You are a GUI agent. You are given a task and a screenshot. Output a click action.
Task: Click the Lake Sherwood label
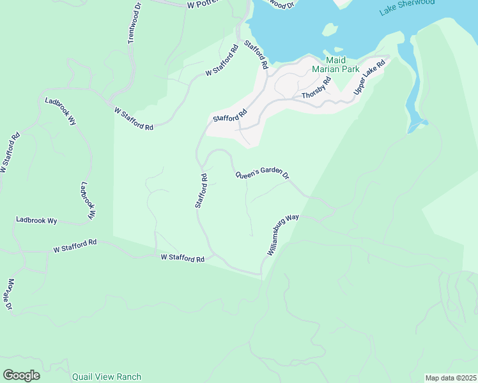pos(406,7)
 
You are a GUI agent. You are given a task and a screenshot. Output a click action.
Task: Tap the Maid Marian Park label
pos(335,64)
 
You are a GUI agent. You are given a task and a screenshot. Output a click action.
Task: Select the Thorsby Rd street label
pos(317,88)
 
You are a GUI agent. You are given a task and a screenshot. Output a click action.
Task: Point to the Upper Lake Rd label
pos(371,78)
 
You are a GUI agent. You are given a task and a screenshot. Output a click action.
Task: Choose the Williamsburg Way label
pos(283,235)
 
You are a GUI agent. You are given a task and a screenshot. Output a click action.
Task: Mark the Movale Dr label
pos(10,294)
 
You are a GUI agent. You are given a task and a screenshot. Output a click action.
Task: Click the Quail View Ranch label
pos(106,377)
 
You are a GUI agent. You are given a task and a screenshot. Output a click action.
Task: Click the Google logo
pos(21,375)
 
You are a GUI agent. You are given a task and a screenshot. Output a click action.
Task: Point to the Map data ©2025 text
pos(451,378)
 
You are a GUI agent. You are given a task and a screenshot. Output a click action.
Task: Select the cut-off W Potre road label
pos(203,4)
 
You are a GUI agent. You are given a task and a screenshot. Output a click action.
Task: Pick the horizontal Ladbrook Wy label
pos(36,220)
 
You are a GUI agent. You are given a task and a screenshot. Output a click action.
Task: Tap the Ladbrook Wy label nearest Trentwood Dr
pos(60,112)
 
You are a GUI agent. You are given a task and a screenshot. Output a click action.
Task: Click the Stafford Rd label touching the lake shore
pos(256,55)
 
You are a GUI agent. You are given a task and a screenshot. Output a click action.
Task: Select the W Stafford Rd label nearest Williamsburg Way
pos(182,258)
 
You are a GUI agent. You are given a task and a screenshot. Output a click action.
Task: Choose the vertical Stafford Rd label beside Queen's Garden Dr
pos(201,190)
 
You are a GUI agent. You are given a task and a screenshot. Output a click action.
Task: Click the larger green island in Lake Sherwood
pos(330,29)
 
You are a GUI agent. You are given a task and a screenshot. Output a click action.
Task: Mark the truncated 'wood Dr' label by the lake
pos(279,4)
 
